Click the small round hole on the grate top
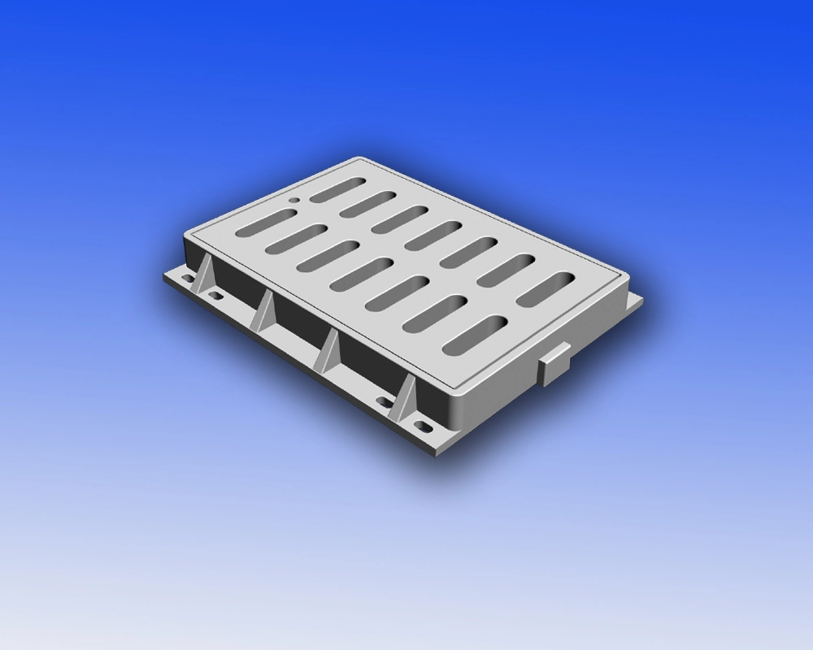[x=293, y=198]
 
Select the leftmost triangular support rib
[x=202, y=278]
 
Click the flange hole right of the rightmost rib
[x=422, y=424]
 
